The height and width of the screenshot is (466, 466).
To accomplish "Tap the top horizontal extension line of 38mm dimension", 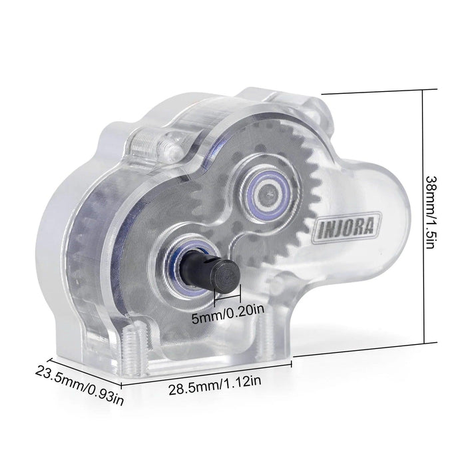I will tap(373, 93).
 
